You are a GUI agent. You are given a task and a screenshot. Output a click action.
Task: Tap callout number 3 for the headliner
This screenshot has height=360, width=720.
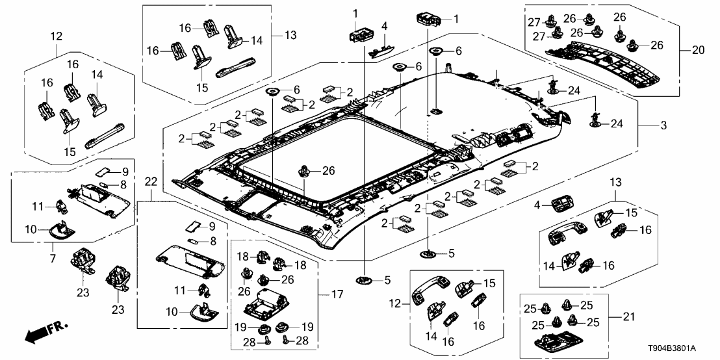click(663, 125)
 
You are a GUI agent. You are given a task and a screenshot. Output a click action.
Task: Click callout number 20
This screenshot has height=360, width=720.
click(691, 50)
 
